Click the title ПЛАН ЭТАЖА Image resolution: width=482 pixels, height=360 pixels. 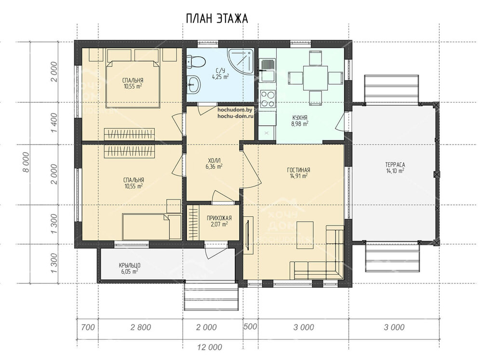216,18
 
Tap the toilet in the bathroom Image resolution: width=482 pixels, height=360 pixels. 196,61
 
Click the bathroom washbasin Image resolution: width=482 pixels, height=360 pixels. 194,85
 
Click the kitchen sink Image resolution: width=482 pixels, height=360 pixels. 267,66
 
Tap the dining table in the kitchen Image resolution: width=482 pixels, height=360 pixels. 316,78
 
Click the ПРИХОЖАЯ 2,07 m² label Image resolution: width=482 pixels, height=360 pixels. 219,221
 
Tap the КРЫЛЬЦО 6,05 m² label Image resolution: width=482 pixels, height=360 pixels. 128,268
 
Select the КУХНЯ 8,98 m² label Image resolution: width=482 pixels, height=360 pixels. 300,120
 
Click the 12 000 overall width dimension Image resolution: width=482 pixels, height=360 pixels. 210,347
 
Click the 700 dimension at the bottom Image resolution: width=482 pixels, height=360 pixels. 88,327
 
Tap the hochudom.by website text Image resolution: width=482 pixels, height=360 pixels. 235,110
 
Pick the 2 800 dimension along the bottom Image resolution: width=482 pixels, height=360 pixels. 140,327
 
